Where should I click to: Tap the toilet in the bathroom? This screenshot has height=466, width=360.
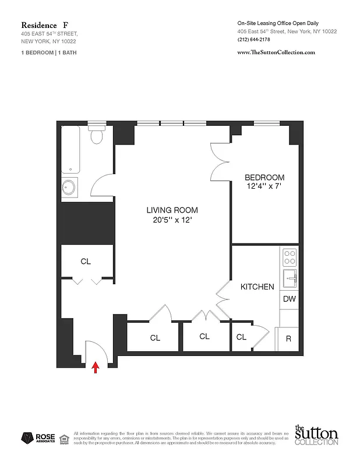(97, 136)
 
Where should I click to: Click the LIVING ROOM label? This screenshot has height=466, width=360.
(172, 210)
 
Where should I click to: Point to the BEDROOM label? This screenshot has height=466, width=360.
(264, 178)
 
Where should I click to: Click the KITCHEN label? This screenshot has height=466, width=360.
(257, 287)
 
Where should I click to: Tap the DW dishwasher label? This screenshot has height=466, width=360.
(289, 299)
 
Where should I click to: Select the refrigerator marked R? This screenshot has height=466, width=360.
(288, 338)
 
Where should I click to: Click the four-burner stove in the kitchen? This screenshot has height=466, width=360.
(290, 257)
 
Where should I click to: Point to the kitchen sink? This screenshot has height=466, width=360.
(290, 278)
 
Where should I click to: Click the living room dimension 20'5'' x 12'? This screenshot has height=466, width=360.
(172, 220)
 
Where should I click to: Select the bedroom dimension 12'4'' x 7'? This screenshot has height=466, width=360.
(264, 187)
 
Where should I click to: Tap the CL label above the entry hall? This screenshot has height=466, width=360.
(86, 262)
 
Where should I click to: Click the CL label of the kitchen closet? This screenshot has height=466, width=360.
(241, 337)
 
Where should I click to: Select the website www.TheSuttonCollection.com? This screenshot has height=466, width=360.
(276, 52)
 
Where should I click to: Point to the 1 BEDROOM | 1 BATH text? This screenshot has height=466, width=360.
(48, 52)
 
